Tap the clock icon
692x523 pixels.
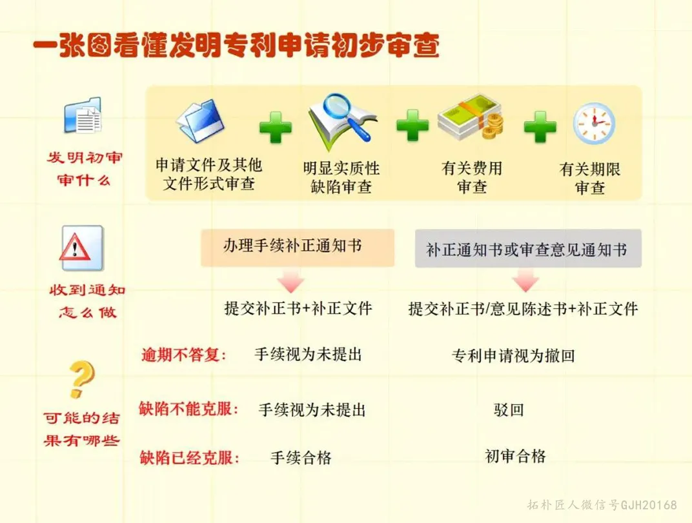(594, 123)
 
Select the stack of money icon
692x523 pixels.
(471, 117)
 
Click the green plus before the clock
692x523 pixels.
(540, 126)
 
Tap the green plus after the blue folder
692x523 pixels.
(276, 127)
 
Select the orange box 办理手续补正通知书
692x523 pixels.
(298, 248)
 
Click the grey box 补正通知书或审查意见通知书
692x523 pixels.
(528, 248)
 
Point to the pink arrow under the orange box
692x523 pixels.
(291, 281)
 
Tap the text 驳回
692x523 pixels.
(509, 410)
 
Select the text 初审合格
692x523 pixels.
(516, 456)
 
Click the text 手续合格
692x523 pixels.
(301, 458)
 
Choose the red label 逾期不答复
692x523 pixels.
(183, 355)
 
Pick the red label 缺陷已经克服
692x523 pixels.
(189, 458)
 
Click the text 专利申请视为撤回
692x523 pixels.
(513, 355)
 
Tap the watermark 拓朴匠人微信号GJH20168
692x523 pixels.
(602, 504)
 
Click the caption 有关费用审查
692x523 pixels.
(472, 177)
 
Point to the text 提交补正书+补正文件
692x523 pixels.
(298, 308)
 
